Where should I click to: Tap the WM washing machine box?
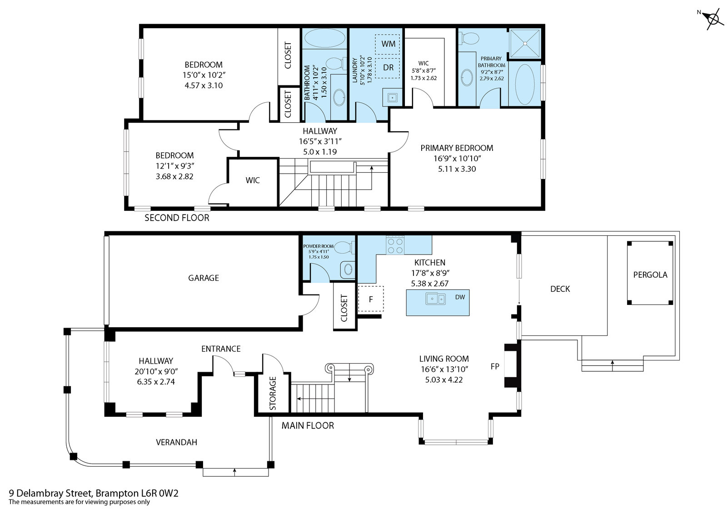pos(388,44)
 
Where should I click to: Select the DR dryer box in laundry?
pos(388,68)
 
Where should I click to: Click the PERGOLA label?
pos(650,274)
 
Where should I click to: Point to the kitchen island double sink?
pos(436,299)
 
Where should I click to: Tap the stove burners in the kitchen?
pos(395,245)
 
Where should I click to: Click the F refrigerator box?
pos(371,299)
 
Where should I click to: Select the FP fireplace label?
pos(495,366)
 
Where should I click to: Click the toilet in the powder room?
pos(344,248)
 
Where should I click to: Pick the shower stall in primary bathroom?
pos(524,44)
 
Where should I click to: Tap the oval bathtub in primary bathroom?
pos(524,85)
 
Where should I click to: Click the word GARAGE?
pos(204,278)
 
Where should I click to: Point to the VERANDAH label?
pos(177,442)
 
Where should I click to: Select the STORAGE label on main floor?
pos(273,393)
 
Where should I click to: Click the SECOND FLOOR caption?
pos(177,218)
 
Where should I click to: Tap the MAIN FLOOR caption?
pos(308,426)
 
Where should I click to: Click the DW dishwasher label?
pos(460,297)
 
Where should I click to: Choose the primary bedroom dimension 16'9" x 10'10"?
pos(457,159)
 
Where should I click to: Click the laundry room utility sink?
pos(393,97)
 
